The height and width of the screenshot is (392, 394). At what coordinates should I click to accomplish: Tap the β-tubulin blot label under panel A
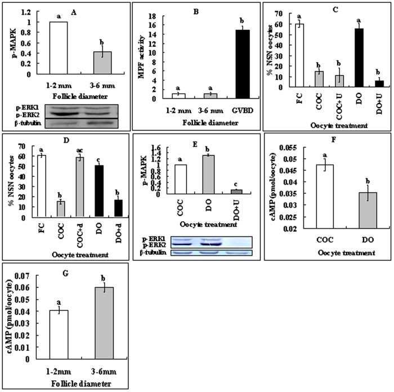click(28, 123)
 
